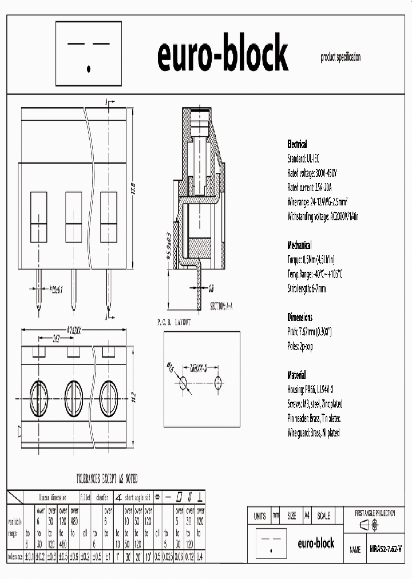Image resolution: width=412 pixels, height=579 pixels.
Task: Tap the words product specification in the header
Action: click(340, 58)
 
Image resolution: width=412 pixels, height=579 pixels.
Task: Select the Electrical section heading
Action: click(296, 145)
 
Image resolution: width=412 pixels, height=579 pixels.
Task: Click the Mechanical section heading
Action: click(299, 245)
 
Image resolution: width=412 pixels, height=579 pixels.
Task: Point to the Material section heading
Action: click(296, 375)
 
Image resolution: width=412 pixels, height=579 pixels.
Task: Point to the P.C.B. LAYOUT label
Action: click(174, 323)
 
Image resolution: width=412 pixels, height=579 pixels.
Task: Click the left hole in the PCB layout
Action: click(183, 383)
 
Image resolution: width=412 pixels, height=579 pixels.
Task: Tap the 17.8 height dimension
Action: click(133, 189)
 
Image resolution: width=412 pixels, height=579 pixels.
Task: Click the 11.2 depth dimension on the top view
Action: click(133, 395)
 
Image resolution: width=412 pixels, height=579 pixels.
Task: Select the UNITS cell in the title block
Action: click(259, 515)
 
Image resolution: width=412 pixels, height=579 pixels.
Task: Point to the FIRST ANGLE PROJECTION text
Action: click(375, 514)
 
